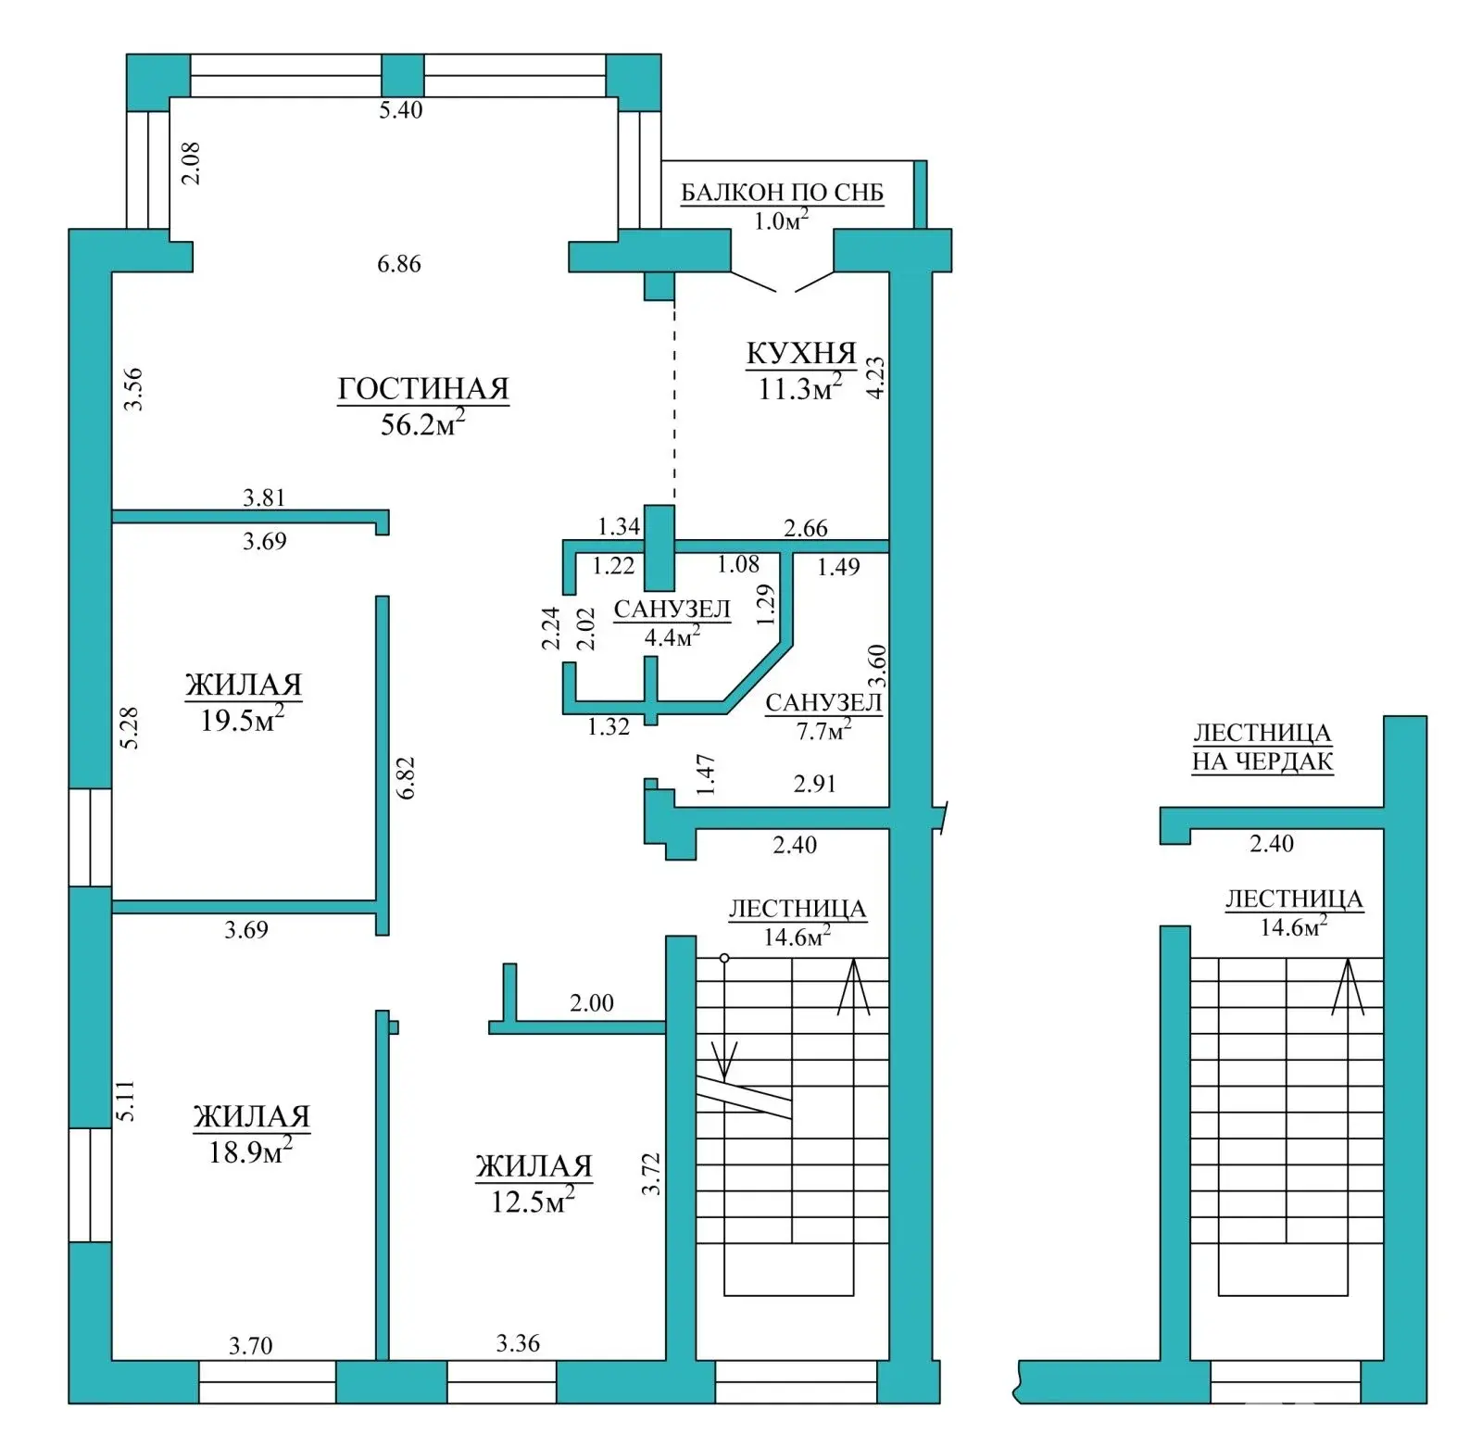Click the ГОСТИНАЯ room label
coord(423,389)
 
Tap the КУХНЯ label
coord(801,354)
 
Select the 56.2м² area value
coord(422,423)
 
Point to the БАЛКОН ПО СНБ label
coord(783,193)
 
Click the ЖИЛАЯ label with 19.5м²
coord(244,686)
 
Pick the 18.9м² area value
coord(250,1151)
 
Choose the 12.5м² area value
coord(533,1201)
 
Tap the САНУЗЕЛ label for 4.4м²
coord(672,610)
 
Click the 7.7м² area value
coord(823,730)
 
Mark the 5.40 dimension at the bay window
coord(401,110)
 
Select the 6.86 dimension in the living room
coord(399,264)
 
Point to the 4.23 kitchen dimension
coord(874,378)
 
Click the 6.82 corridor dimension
coord(406,778)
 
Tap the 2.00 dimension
coord(592,1003)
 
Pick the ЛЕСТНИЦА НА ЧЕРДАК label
coord(1262,748)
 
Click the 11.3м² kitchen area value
coord(800,388)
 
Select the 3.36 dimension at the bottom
coord(518,1343)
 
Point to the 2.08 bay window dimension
coord(191,163)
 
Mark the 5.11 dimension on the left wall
coord(125,1101)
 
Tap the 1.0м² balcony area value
coord(782,220)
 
